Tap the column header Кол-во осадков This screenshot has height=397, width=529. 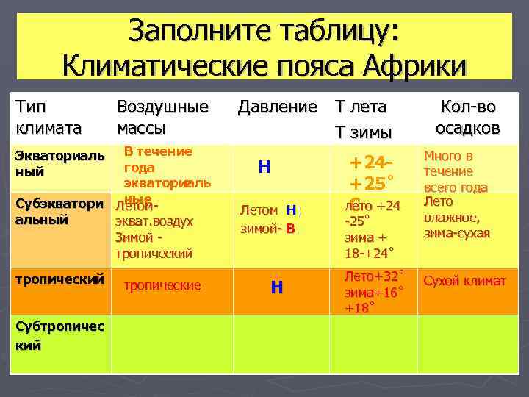[x=467, y=117]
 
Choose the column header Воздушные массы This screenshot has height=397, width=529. [x=162, y=117]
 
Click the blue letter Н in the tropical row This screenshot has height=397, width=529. [x=276, y=287]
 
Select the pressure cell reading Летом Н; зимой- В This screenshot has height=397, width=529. [x=271, y=219]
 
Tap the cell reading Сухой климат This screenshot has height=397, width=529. [x=464, y=282]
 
